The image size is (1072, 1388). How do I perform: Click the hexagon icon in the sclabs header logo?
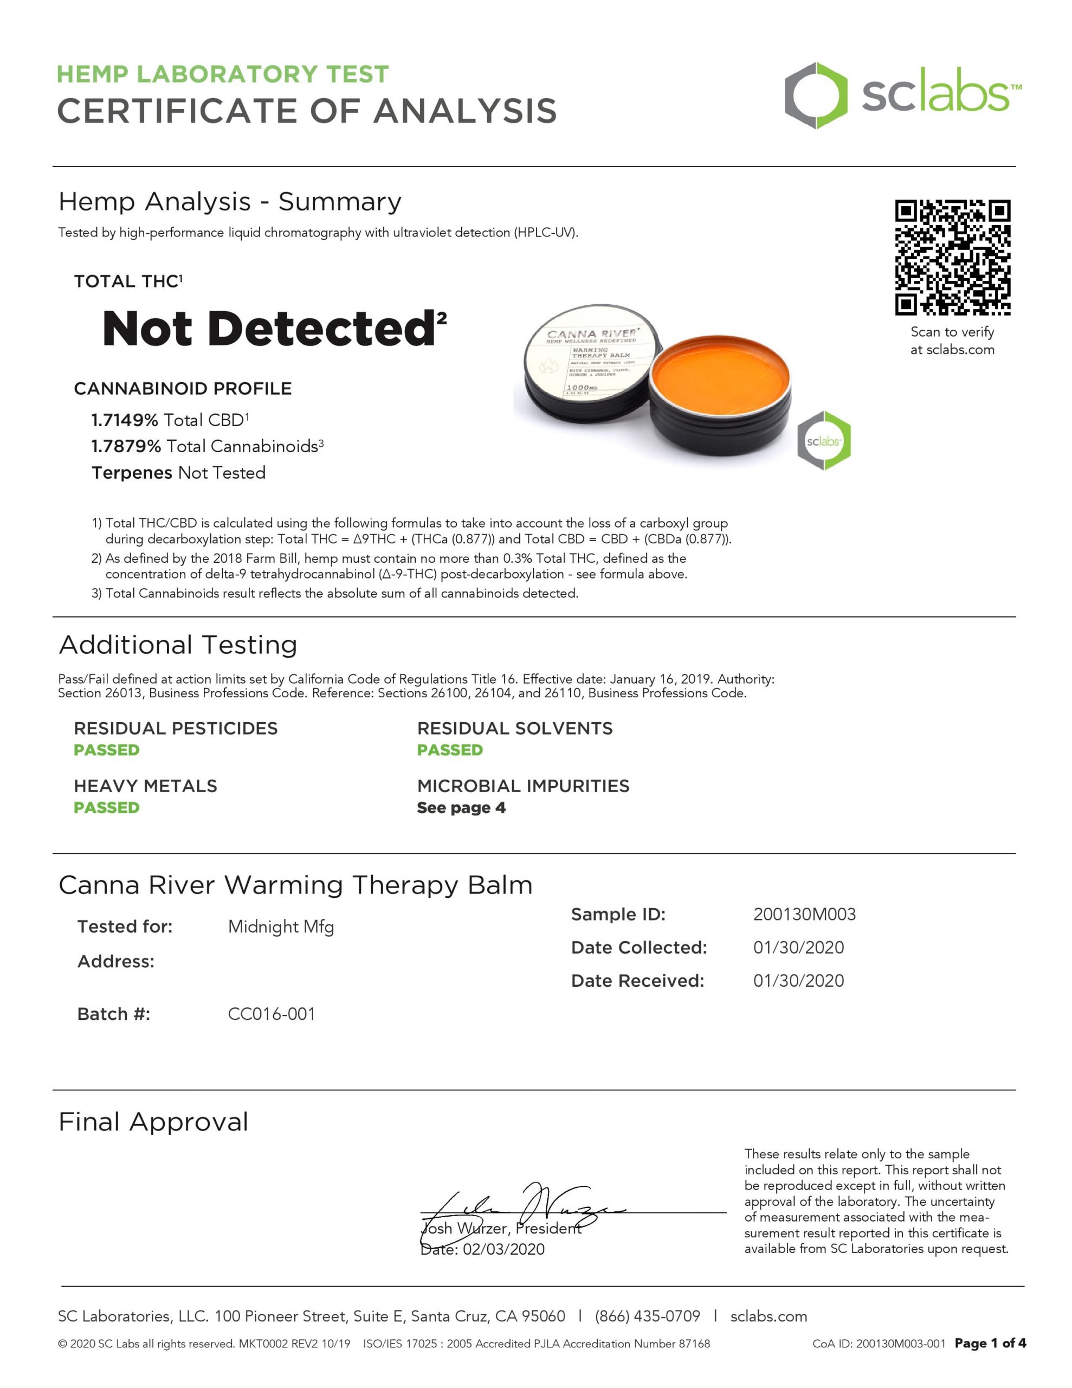point(815,96)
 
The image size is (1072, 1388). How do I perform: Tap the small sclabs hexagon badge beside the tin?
point(824,440)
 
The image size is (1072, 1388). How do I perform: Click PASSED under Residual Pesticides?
point(106,750)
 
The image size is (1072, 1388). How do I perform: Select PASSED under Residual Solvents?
point(449,750)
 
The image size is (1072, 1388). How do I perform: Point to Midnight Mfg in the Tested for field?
point(281,927)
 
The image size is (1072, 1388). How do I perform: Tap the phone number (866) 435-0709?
point(647,1316)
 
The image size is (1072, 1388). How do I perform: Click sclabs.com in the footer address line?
point(769,1316)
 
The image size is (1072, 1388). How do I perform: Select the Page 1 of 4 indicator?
point(990,1343)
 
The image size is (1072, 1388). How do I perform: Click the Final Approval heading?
point(153,1122)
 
